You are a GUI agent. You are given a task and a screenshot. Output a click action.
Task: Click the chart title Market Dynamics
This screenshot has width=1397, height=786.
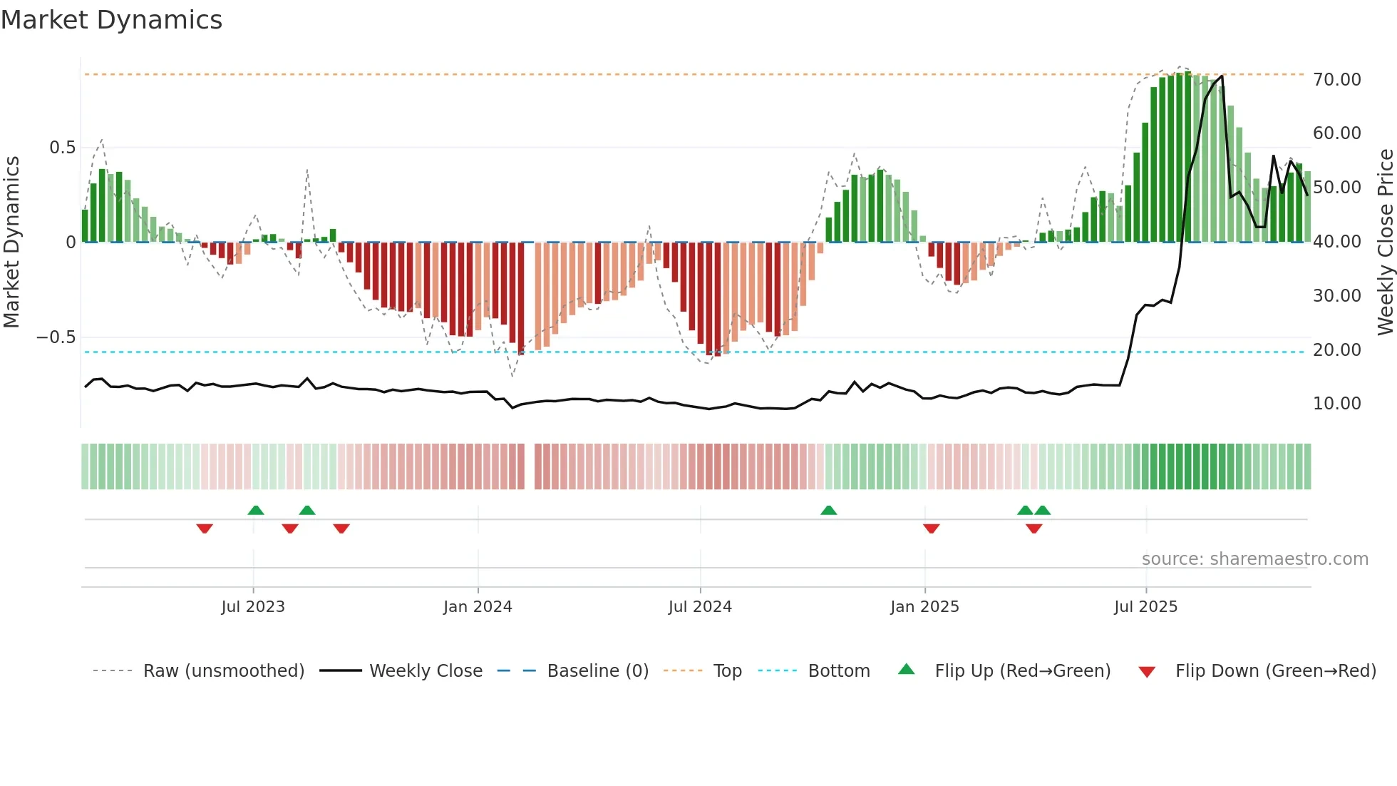[111, 20]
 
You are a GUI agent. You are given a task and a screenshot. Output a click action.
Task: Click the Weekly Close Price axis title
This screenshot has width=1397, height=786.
[1385, 242]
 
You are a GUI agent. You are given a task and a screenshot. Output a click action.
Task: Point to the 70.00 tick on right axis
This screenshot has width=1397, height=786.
[1336, 79]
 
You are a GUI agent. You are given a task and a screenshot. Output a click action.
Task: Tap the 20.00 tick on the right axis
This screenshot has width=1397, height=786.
[1336, 349]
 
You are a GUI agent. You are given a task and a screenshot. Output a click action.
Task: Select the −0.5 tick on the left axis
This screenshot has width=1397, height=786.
[56, 337]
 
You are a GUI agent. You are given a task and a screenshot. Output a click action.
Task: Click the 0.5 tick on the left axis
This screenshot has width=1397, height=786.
[62, 148]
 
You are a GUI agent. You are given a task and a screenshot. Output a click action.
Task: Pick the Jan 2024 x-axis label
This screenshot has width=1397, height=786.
[478, 606]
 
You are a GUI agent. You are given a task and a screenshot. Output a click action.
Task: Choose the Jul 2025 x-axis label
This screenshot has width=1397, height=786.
[1145, 606]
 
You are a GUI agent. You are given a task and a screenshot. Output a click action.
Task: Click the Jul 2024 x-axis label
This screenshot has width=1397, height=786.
[700, 606]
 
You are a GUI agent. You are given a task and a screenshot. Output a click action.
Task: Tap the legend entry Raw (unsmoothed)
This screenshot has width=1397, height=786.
[223, 670]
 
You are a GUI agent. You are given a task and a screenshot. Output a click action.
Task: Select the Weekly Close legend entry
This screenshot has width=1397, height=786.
[426, 670]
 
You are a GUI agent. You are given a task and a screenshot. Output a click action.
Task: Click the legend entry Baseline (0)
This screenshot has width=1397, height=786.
[597, 670]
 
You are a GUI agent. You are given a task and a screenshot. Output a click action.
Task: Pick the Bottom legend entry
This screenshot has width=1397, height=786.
[838, 670]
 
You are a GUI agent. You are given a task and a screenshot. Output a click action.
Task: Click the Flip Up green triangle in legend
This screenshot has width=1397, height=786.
[906, 669]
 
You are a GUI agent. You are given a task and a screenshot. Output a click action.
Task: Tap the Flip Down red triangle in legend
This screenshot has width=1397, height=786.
[1147, 672]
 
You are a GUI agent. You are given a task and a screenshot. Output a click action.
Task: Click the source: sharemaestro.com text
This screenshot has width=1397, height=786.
[1254, 558]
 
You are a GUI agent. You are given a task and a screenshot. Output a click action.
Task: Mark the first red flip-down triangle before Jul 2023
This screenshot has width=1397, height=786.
[205, 529]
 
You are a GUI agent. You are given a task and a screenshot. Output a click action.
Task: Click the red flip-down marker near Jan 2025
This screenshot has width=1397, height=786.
[931, 529]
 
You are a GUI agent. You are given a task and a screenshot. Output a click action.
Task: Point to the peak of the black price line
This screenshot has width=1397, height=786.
[1222, 76]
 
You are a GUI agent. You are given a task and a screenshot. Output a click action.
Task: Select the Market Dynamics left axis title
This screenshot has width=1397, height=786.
[11, 242]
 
